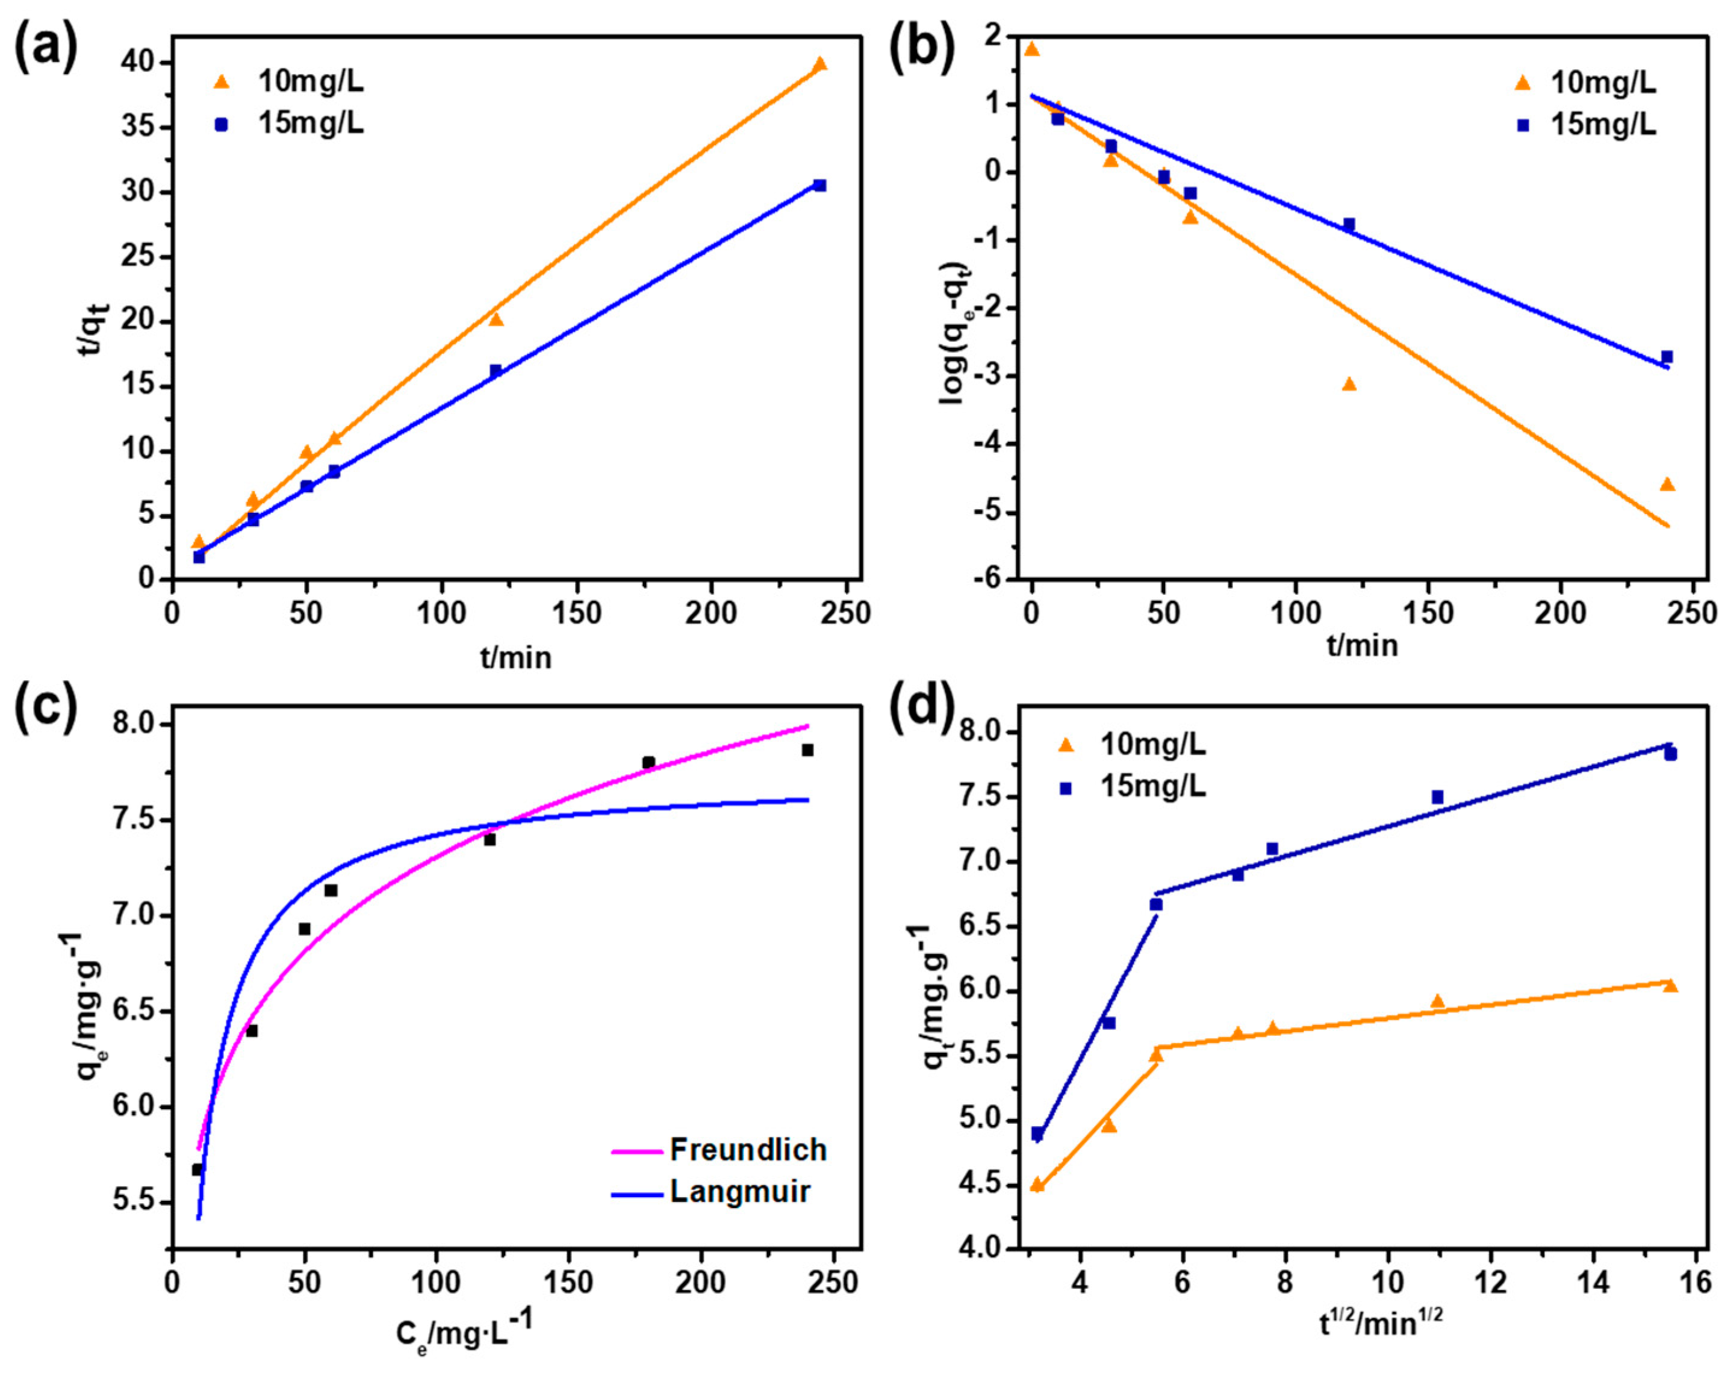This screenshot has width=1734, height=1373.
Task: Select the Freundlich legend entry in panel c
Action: tap(748, 1150)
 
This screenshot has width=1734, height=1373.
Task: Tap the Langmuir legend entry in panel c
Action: tap(739, 1191)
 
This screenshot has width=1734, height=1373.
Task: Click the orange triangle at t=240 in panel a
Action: tap(819, 64)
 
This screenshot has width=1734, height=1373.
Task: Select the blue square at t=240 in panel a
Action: tap(819, 185)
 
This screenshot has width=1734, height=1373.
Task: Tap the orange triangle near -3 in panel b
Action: tap(1349, 384)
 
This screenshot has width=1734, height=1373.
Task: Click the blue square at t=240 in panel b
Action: tap(1667, 357)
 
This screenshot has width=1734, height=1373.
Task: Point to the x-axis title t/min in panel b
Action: tap(1362, 645)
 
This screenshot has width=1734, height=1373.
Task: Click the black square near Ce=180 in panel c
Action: tap(648, 762)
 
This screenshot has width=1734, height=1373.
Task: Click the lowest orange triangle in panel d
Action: tap(1037, 1185)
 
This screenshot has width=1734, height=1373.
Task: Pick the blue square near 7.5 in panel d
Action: tap(1437, 796)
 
